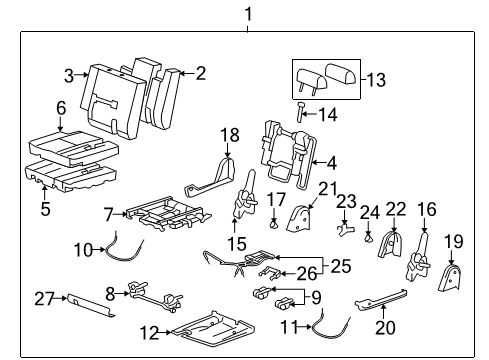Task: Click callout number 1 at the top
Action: coord(236,13)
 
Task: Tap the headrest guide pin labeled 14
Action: coord(300,114)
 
